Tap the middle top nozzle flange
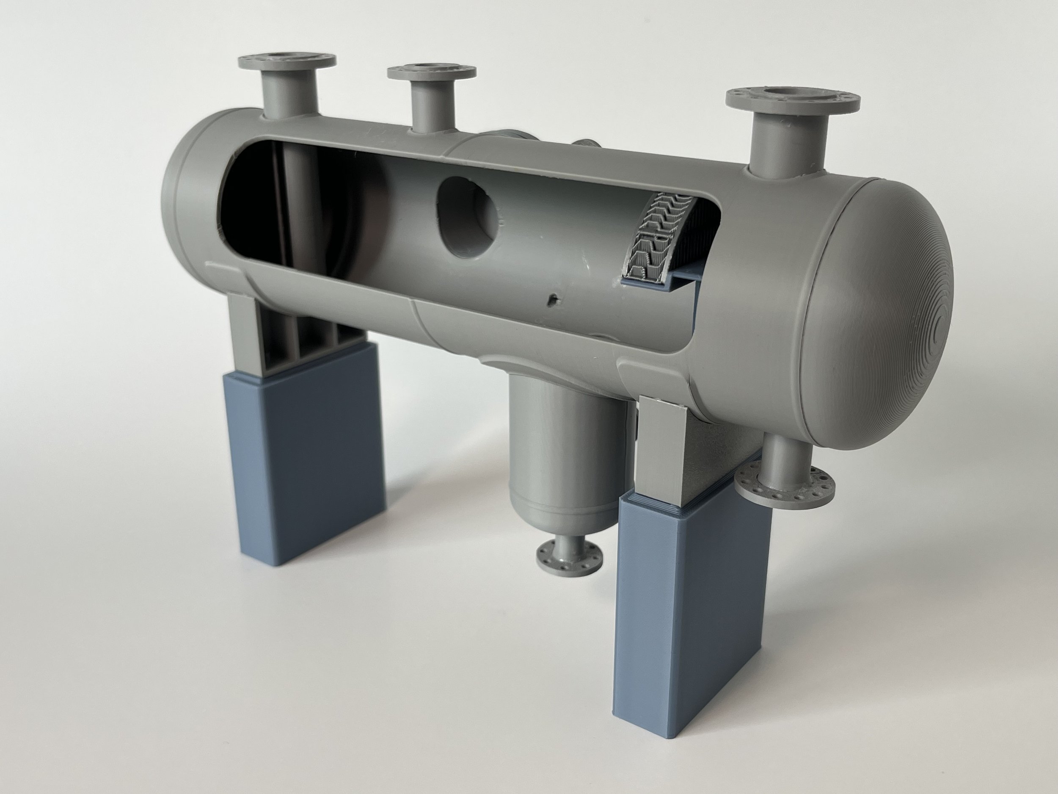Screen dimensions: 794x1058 (432, 72)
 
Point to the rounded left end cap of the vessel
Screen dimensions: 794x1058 (187, 201)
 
